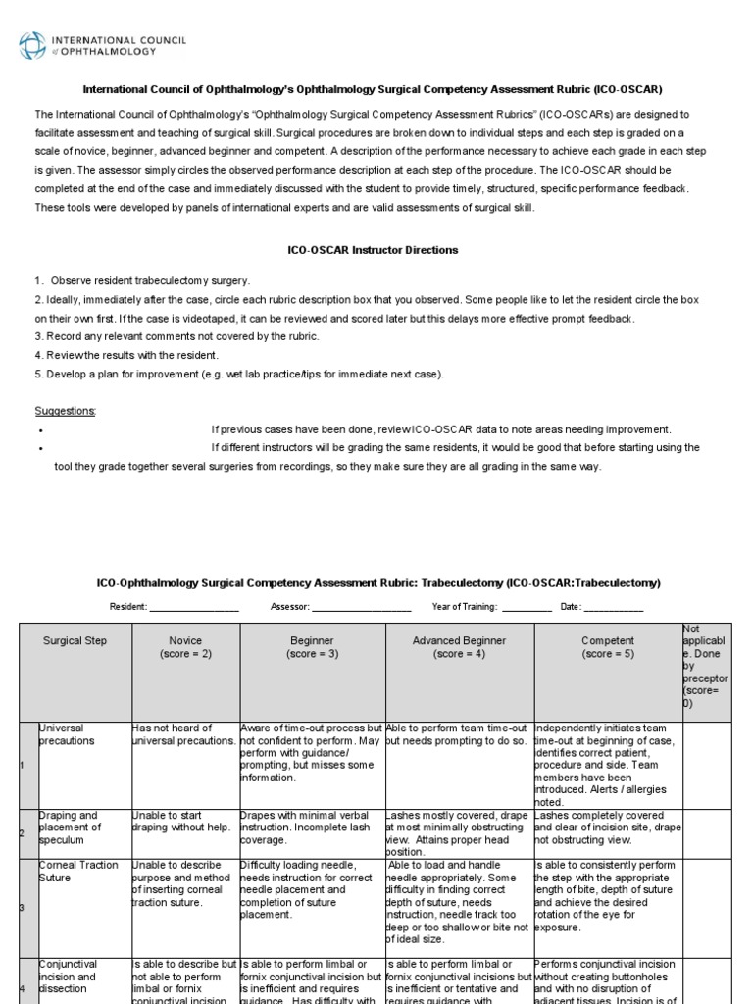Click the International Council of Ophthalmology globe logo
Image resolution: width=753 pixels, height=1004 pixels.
tap(32, 45)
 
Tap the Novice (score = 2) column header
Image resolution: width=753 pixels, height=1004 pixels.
tap(184, 646)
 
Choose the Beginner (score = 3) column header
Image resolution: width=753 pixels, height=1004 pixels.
tap(312, 646)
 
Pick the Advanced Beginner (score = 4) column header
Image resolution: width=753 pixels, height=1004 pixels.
tap(459, 646)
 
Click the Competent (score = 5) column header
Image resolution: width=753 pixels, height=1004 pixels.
tap(607, 646)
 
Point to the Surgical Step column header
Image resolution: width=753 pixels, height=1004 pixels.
tap(75, 640)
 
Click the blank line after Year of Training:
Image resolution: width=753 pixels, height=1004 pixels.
tap(527, 608)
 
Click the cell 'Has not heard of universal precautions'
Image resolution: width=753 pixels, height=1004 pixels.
tap(183, 734)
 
